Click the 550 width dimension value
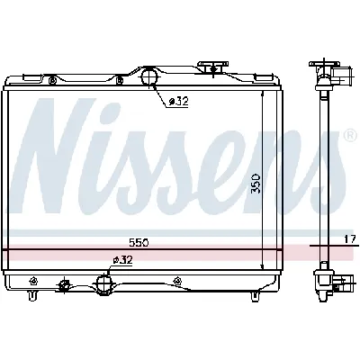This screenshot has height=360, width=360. click(137, 242)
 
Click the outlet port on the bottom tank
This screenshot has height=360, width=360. click(104, 284)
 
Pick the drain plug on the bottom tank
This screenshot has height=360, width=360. click(64, 286)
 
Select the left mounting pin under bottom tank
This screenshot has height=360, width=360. click(33, 296)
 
